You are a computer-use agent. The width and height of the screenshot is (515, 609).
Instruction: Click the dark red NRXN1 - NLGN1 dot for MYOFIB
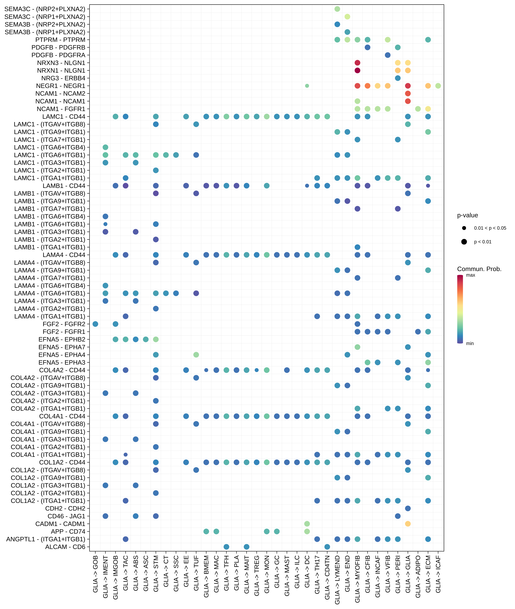(x=357, y=70)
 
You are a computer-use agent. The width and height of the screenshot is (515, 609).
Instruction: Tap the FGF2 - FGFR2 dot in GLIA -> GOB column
(x=95, y=324)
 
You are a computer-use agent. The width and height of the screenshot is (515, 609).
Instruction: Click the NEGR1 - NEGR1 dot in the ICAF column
(x=438, y=86)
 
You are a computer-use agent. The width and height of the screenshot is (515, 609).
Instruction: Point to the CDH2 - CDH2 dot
(x=408, y=508)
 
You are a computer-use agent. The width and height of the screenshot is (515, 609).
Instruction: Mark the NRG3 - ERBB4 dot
(x=398, y=78)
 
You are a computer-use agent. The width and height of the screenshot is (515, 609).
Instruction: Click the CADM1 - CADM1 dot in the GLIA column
(x=408, y=524)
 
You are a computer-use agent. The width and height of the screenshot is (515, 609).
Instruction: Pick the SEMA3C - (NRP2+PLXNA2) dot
(x=337, y=9)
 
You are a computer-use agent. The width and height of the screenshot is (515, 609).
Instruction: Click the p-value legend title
(x=467, y=215)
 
